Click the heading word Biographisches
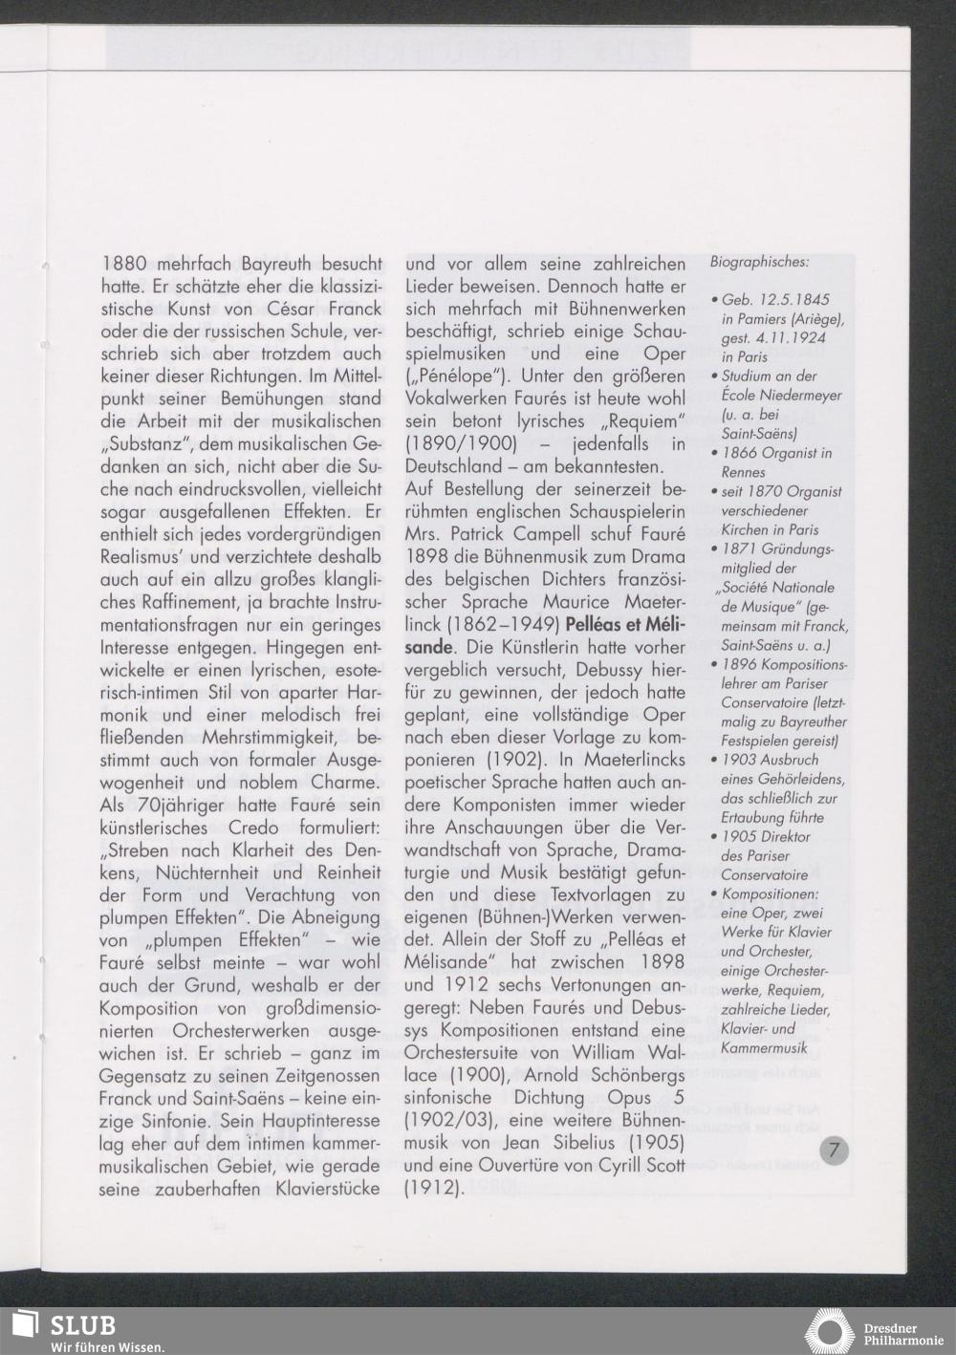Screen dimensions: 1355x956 point(760,261)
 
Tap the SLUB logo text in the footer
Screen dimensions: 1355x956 point(82,1325)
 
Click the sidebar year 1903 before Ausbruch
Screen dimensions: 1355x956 point(743,760)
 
